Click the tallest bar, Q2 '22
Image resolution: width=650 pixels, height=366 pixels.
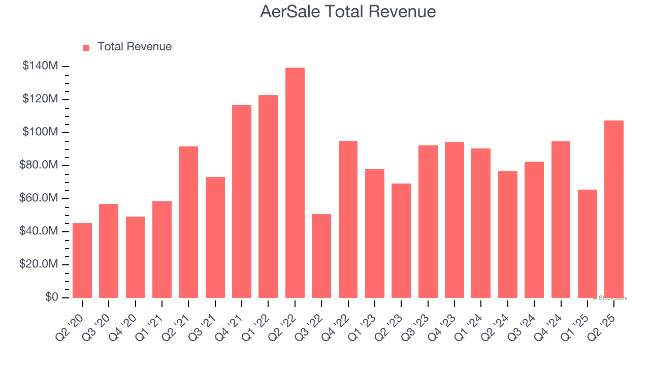click(295, 183)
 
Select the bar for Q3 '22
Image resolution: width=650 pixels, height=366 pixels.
click(321, 256)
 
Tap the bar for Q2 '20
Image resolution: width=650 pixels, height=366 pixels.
click(82, 261)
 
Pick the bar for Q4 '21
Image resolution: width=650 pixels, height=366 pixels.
click(242, 202)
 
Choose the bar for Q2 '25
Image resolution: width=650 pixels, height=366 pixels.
click(614, 209)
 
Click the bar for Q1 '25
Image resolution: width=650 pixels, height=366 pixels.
click(588, 244)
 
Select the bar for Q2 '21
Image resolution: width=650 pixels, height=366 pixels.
click(188, 222)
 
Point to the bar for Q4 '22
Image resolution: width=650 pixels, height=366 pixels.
click(348, 220)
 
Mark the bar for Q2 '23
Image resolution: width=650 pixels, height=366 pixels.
click(401, 241)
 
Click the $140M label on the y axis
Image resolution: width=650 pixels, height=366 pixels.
click(40, 66)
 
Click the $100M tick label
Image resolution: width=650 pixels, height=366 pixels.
click(40, 132)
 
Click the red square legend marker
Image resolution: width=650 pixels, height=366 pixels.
click(86, 47)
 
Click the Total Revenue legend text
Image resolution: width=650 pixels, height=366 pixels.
click(135, 47)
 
